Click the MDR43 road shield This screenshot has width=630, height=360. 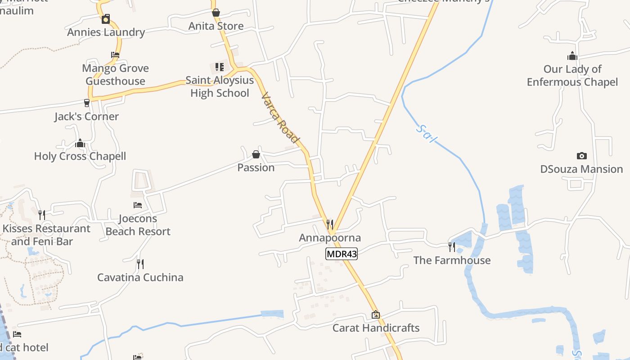click(x=342, y=254)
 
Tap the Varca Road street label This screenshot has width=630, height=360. click(x=280, y=118)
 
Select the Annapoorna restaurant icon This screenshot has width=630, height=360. click(x=330, y=224)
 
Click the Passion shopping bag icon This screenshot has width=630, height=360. click(x=256, y=154)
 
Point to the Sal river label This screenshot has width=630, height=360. click(x=425, y=134)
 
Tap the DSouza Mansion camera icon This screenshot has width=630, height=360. click(x=581, y=156)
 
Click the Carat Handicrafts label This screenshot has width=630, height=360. click(x=376, y=328)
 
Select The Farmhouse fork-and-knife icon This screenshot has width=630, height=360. click(x=451, y=247)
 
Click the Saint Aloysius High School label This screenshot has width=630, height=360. click(x=220, y=87)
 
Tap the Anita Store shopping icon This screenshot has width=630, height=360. click(x=216, y=13)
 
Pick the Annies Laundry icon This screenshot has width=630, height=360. click(x=106, y=19)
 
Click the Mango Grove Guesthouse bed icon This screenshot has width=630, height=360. click(x=115, y=55)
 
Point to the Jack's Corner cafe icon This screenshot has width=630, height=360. click(x=87, y=103)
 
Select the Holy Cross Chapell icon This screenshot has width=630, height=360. click(x=80, y=143)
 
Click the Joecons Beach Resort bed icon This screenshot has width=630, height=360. click(x=138, y=205)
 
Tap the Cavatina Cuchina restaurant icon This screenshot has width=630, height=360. click(x=140, y=264)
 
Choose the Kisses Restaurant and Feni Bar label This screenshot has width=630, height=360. click(x=46, y=235)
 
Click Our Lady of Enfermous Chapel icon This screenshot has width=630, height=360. click(x=572, y=56)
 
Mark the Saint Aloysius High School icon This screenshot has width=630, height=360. click(x=220, y=67)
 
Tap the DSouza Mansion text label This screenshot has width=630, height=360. click(x=581, y=169)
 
